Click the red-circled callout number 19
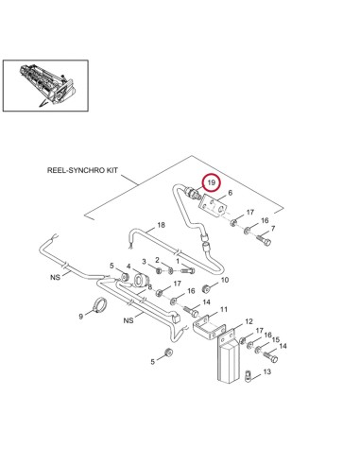[x=213, y=181]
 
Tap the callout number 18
[x=161, y=224]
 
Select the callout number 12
[x=248, y=322]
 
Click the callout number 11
[x=224, y=309]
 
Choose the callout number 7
[x=274, y=229]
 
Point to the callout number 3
[x=145, y=261]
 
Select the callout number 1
[x=177, y=259]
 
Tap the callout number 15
[x=275, y=338]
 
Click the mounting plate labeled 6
[x=219, y=207]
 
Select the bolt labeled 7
[x=260, y=240]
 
